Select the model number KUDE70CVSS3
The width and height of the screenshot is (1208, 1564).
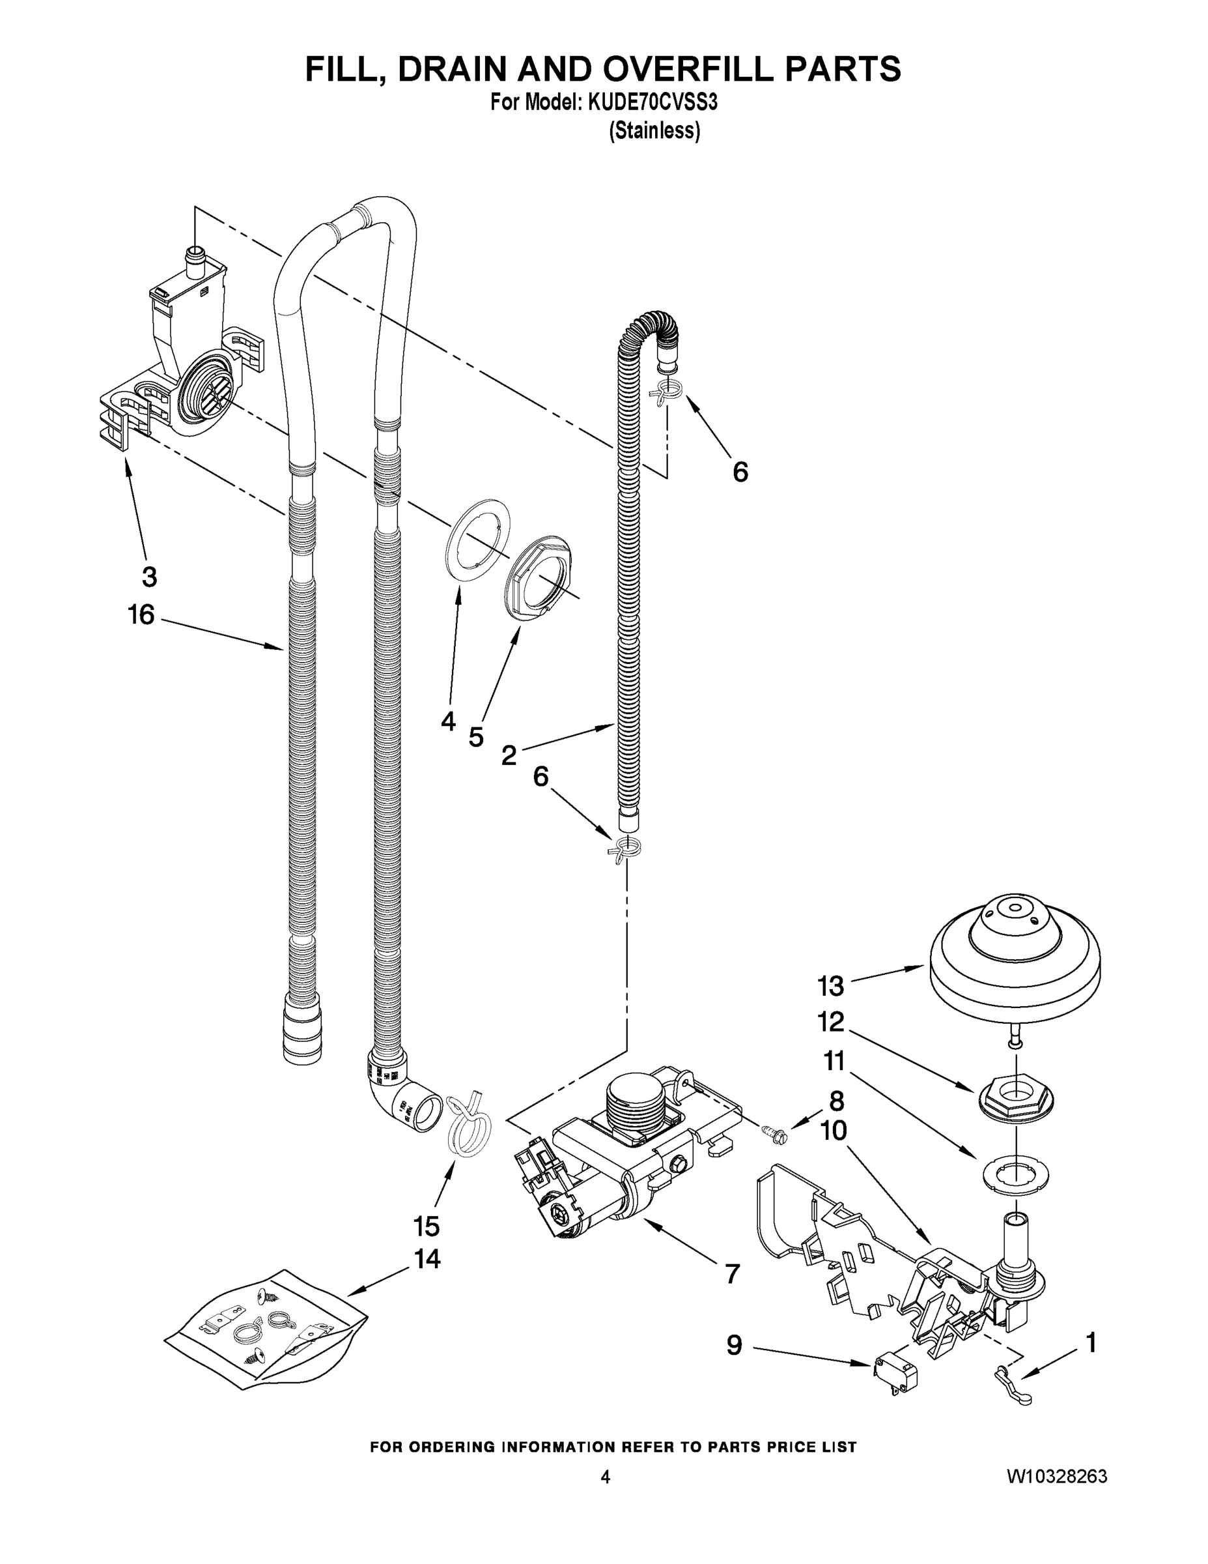[652, 103]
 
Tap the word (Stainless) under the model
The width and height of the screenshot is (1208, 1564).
[654, 131]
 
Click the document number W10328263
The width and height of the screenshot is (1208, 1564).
[1056, 1477]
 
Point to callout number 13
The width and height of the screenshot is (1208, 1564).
[831, 987]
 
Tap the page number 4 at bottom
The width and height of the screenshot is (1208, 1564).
[605, 1477]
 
